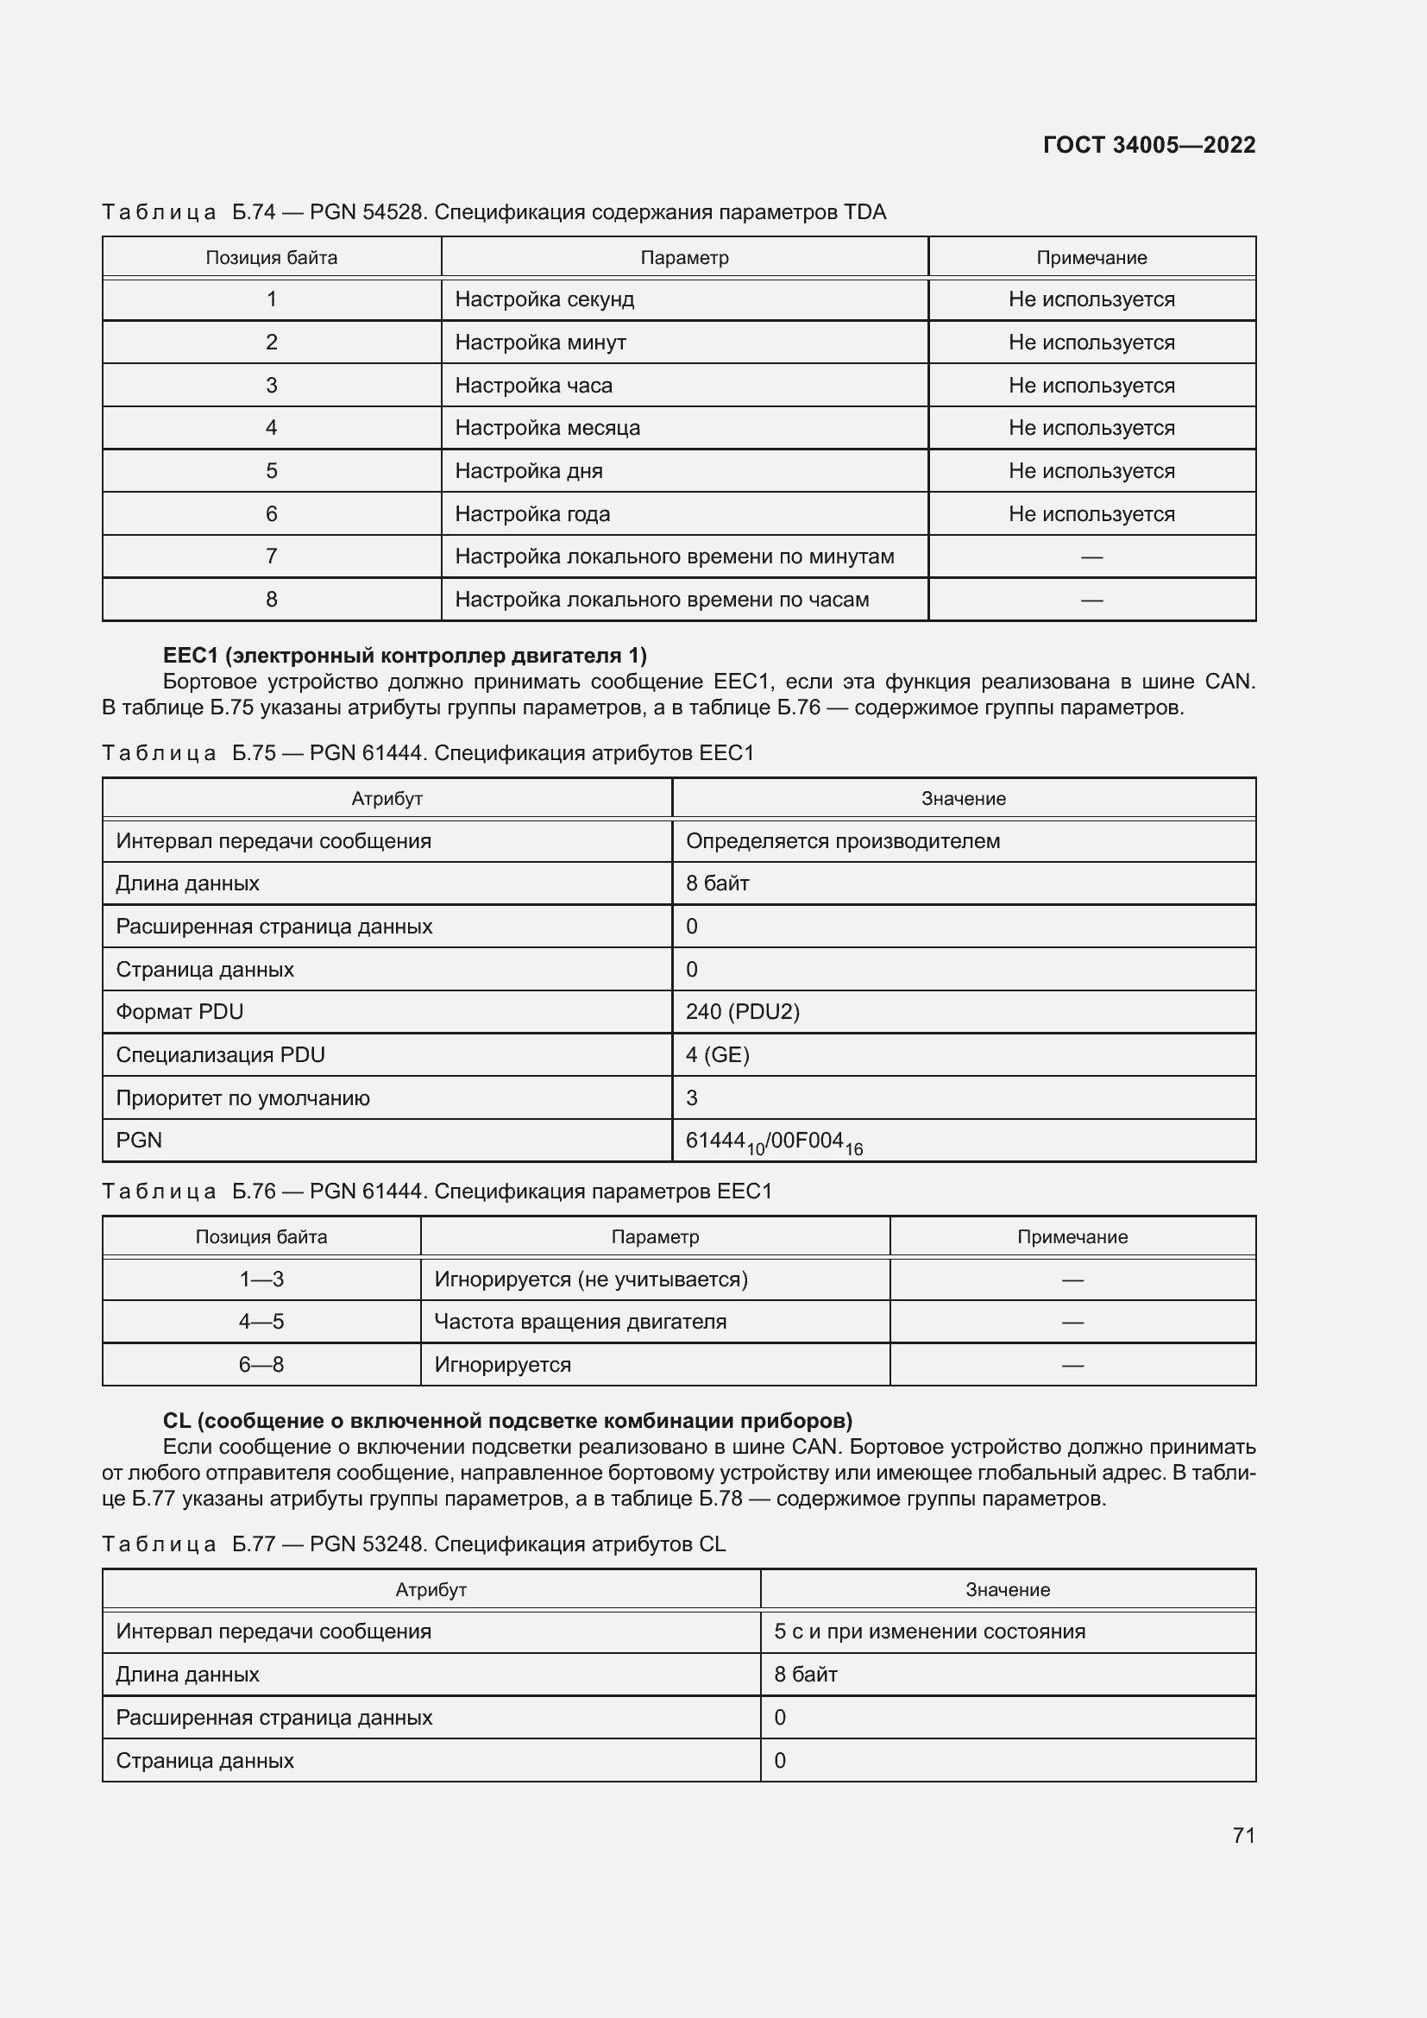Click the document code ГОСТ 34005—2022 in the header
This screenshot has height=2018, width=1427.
point(1148,145)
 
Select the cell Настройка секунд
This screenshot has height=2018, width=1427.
point(544,299)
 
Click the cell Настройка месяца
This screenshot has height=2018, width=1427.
point(548,428)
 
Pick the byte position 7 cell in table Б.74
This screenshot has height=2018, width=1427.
point(272,556)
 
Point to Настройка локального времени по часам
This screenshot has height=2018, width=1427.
point(662,600)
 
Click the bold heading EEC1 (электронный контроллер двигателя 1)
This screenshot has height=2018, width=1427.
point(404,656)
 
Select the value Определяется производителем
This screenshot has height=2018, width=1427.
point(842,841)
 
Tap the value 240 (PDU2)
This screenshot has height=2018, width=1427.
point(743,1012)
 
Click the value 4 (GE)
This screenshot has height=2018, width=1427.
point(717,1054)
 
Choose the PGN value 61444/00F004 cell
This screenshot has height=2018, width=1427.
point(773,1141)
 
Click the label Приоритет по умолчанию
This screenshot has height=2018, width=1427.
point(242,1097)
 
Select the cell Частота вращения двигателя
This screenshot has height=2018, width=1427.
point(580,1322)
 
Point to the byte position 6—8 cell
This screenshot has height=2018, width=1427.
point(261,1365)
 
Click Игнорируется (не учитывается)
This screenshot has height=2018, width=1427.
point(590,1279)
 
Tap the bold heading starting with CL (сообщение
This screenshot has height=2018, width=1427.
point(507,1421)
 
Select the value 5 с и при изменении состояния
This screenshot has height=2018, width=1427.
point(929,1631)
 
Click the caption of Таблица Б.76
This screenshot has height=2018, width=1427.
point(437,1191)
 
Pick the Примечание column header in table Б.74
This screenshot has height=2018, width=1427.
point(1091,257)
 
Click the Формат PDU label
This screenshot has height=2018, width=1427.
point(179,1012)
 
